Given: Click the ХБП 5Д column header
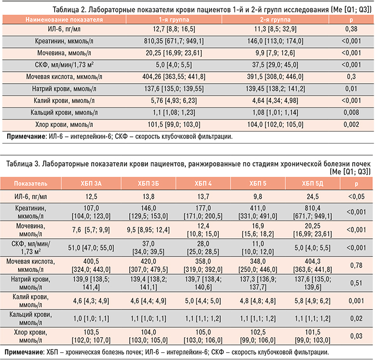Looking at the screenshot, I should tap(312, 184).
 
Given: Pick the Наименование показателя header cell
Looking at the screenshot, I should tap(64, 19).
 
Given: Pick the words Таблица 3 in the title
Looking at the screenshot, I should tap(24, 164).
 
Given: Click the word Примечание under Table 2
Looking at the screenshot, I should tap(25, 137).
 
